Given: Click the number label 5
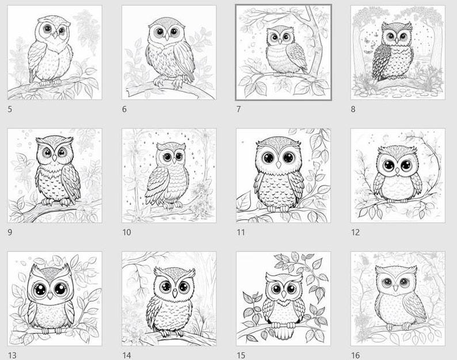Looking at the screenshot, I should coord(11,109).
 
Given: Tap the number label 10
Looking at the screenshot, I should coord(127,232).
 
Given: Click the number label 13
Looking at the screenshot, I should coord(12,355).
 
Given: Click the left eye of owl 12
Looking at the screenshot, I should coord(389,166).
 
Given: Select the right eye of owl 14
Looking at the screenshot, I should coord(183,286).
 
